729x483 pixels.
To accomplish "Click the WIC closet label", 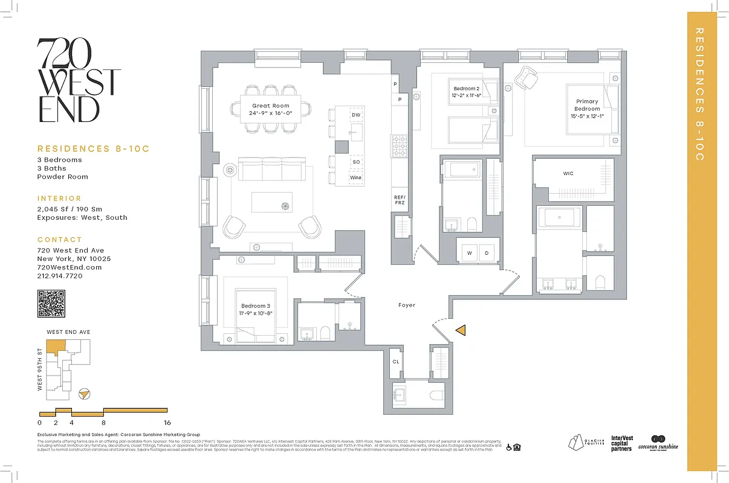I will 568,174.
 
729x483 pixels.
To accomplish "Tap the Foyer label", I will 407,305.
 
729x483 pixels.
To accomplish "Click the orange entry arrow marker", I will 461,330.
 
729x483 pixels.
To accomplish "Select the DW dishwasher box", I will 356,115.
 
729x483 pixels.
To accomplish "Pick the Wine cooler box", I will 355,178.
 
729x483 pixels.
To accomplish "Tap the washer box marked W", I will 469,254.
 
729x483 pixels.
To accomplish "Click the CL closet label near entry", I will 396,362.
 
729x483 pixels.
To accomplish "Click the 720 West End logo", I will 79,81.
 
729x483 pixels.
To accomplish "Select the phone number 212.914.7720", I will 59,276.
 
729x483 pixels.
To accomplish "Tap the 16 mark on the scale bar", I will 167,423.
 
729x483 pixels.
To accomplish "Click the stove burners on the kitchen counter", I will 400,145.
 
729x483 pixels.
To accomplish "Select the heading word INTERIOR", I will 59,198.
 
